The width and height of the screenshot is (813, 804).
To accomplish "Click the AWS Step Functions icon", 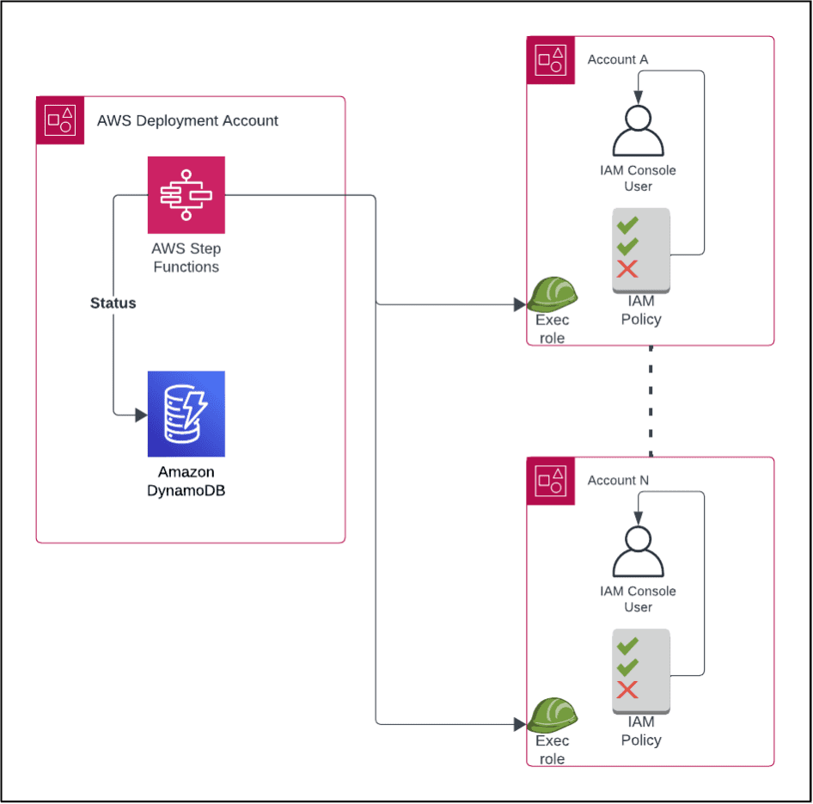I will coord(186,195).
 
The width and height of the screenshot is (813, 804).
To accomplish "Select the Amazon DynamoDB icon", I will coord(186,414).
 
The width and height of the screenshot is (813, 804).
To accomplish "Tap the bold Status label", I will coord(113,304).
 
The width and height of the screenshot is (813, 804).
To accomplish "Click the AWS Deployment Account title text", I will coord(187,121).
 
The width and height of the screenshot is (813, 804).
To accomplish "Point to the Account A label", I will coord(617,59).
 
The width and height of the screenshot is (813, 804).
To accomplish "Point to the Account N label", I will coord(617,481).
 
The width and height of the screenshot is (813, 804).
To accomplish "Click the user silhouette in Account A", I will coord(638,130).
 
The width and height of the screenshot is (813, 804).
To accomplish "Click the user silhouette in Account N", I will coord(638,551).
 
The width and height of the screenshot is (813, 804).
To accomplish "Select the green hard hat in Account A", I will coord(552,293).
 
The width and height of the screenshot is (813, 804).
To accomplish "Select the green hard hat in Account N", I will coord(552,715).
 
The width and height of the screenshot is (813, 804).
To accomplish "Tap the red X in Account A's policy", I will coord(628,268).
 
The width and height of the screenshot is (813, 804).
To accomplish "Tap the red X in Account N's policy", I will coord(628,690).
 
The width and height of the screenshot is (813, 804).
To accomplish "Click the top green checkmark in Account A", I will coord(628,224).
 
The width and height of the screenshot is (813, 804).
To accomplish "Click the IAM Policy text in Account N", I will coord(641,731).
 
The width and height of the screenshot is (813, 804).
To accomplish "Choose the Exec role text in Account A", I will coord(552,329).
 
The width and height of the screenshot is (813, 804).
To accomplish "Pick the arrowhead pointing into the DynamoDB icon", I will coord(141,415).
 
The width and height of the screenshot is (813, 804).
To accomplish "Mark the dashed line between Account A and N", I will coord(651,401).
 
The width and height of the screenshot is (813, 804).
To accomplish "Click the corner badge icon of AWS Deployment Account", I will coord(59,120).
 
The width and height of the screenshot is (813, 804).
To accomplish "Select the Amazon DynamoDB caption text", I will coord(186,481).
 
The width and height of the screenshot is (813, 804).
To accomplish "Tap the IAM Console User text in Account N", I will coord(638,599).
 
